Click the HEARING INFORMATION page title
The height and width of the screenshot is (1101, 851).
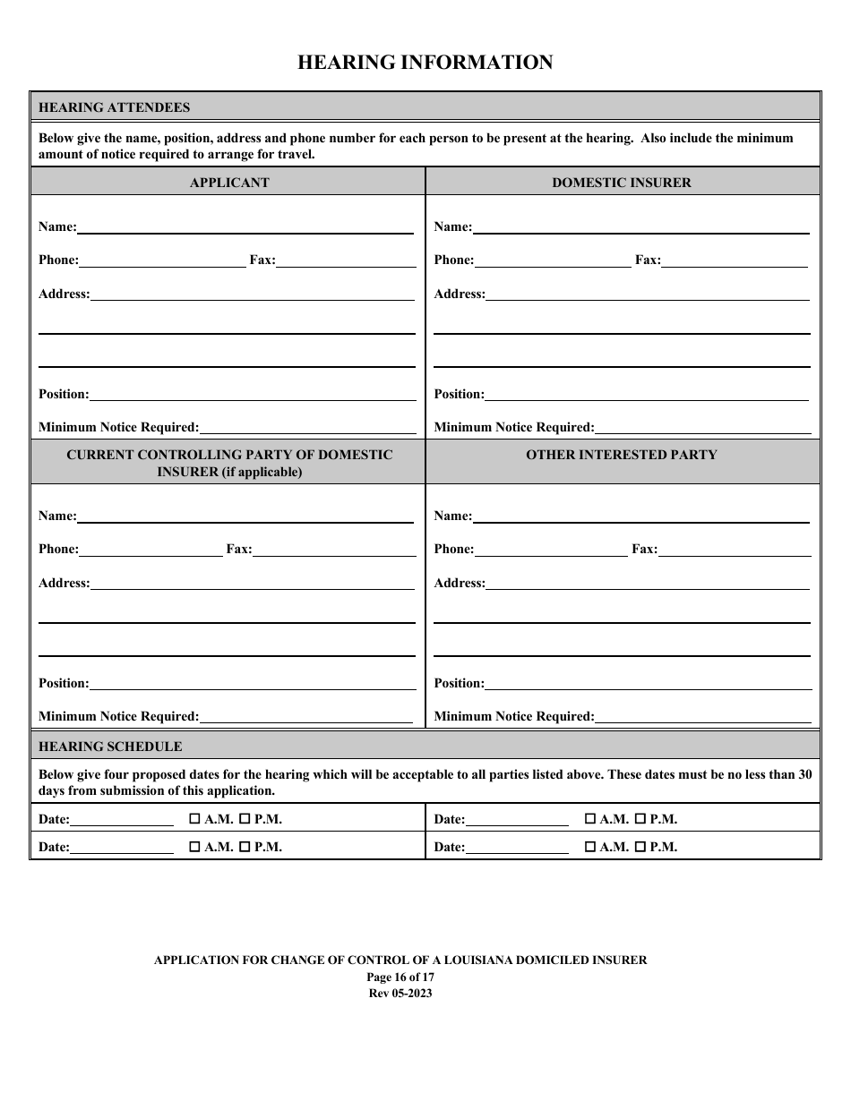425,63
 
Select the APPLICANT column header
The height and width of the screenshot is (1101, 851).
229,183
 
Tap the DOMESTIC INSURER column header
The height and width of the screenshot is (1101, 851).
622,183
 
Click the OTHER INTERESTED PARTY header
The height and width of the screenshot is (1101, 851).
622,455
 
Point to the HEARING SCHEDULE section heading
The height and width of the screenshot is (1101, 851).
110,747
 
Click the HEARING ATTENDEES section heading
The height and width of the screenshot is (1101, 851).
114,107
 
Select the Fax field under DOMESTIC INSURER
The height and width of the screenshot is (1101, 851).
735,260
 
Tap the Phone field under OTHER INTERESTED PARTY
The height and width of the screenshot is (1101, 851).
551,550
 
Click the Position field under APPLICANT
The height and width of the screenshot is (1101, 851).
253,395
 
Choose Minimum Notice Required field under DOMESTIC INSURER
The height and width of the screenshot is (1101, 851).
702,428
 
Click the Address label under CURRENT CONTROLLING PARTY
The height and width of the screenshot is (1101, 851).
64,584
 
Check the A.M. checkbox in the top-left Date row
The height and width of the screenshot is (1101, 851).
194,819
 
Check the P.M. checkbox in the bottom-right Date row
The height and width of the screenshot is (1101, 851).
640,847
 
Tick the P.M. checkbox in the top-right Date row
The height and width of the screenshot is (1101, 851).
640,819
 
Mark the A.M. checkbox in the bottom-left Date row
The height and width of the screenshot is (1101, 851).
194,847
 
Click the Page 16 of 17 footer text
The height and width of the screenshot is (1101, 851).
400,977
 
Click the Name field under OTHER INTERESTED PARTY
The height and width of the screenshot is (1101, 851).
640,516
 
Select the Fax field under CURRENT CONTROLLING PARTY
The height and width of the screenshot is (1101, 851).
333,550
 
